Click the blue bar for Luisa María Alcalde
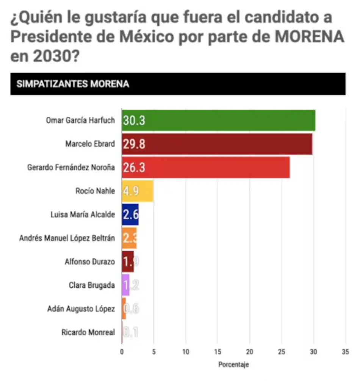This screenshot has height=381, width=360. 130,215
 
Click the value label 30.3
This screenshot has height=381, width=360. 134,121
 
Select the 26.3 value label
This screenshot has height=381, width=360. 134,168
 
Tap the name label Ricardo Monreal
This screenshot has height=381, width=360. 88,332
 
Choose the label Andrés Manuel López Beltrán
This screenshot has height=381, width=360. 67,238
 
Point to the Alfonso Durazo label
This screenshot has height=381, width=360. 90,262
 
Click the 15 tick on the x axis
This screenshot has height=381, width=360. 218,351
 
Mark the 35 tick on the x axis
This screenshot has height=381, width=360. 345,351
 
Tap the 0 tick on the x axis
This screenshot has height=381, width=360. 122,351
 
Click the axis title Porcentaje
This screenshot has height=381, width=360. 233,365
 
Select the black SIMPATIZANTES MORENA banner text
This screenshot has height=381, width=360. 73,84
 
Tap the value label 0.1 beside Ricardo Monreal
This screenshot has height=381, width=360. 131,333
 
